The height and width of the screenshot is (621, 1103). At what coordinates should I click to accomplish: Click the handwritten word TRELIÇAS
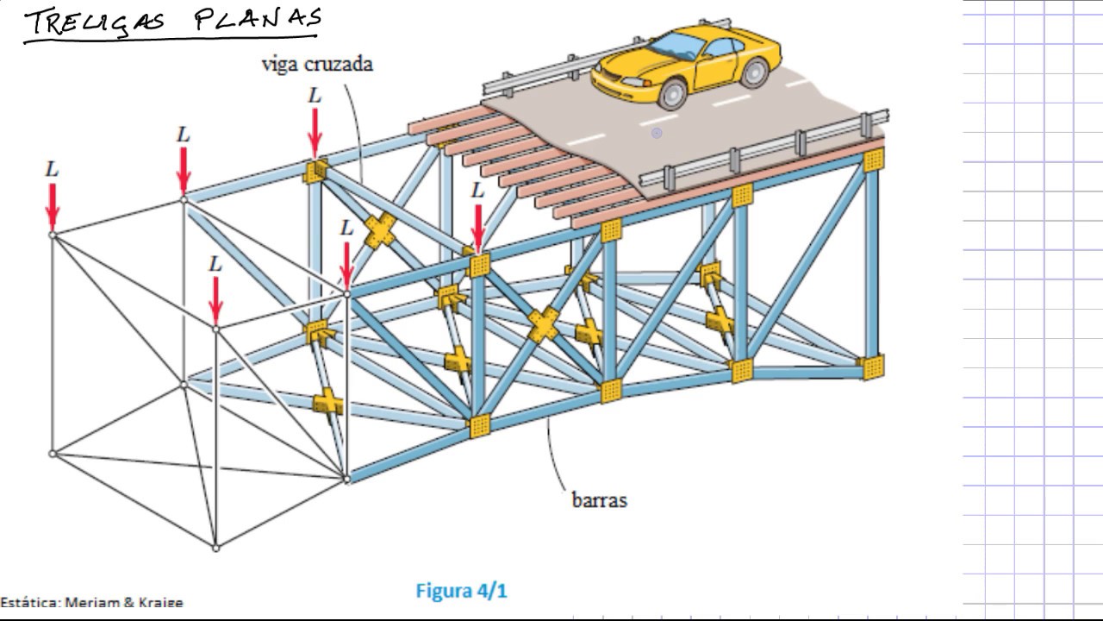pos(95,22)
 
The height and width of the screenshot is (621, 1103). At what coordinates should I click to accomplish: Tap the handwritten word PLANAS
pos(258,20)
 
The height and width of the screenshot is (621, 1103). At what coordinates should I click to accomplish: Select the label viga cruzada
pos(317,65)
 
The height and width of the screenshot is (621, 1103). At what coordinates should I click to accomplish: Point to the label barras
pos(599,500)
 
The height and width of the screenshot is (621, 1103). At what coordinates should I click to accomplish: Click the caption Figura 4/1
pos(461,591)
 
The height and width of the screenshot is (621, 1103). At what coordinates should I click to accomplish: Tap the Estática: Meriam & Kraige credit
pos(91,602)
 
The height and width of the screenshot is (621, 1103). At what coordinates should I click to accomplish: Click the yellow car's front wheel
pos(672,94)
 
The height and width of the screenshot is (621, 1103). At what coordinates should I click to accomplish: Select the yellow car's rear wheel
pos(755,72)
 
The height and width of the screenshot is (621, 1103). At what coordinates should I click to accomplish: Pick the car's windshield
pos(676,46)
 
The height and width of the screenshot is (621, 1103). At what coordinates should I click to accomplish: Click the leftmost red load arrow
pos(53,207)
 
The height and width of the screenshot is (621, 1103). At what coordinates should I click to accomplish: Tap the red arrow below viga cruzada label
pos(315,133)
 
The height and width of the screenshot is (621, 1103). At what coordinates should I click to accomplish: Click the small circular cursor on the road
pos(657,133)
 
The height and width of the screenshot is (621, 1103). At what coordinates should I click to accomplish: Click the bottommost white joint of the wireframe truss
pos(215,548)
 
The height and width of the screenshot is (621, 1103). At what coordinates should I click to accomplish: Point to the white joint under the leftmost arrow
pos(53,235)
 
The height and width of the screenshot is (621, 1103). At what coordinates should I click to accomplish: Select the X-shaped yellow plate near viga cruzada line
pos(380,230)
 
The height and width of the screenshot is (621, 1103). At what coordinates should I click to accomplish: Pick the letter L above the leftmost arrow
pos(53,170)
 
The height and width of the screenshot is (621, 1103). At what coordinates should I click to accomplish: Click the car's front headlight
pos(636,82)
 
